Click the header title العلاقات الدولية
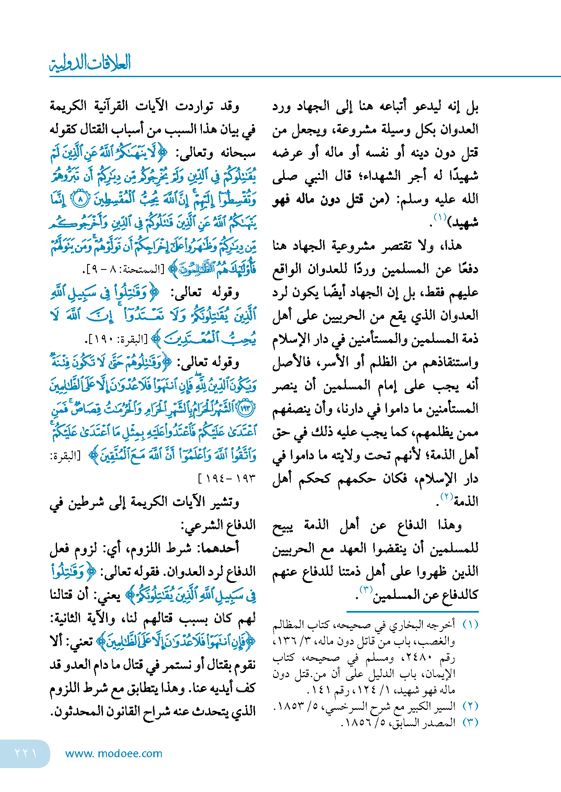click(90, 63)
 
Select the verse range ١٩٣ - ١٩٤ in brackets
click(226, 479)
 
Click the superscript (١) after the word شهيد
click(440, 217)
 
